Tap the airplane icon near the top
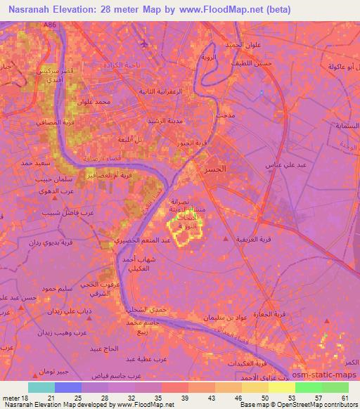145,45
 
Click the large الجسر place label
213,170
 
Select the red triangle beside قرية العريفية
225,240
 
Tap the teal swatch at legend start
41,387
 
